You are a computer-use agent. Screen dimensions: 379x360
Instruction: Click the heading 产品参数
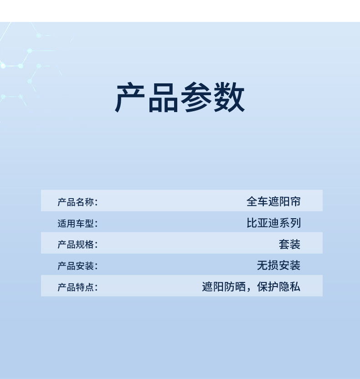(x=180, y=98)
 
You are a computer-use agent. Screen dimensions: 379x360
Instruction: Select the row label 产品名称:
(x=77, y=202)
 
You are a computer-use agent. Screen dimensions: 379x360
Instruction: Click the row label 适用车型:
(x=77, y=224)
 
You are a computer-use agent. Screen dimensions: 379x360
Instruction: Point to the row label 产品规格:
(x=77, y=245)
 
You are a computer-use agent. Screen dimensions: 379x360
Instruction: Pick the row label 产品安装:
(x=77, y=266)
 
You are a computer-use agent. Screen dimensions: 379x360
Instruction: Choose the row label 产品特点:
(x=77, y=287)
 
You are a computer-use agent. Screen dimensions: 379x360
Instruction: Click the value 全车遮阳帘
(x=273, y=202)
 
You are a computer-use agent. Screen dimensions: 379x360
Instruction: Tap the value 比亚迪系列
(x=273, y=223)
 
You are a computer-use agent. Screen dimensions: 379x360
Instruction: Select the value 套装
(x=290, y=245)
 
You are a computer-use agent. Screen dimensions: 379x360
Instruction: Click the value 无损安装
(x=279, y=266)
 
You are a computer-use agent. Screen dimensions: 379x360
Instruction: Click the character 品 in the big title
(x=163, y=98)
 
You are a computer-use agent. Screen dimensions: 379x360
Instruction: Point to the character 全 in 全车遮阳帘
(x=252, y=202)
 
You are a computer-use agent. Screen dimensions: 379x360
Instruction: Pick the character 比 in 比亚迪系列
(x=252, y=223)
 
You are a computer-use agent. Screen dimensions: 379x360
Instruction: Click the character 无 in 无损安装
(x=262, y=266)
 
